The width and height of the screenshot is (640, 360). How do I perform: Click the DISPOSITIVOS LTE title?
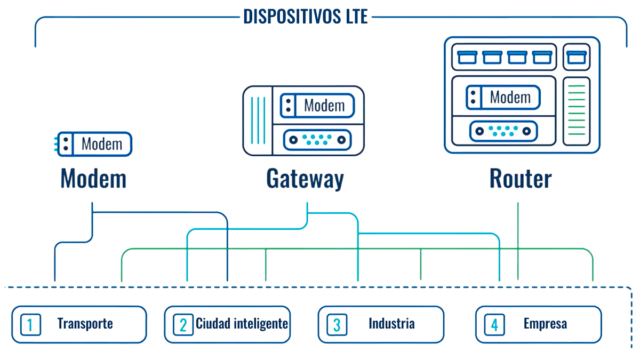(x=306, y=16)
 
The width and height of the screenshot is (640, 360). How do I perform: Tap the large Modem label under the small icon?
(x=93, y=179)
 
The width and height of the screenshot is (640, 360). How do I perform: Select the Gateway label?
(x=305, y=179)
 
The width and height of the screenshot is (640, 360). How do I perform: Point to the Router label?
(x=521, y=179)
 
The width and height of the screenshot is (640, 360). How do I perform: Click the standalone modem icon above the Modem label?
(x=94, y=144)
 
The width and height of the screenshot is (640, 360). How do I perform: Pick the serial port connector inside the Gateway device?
(x=317, y=140)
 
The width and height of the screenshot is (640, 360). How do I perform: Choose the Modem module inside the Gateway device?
(x=317, y=105)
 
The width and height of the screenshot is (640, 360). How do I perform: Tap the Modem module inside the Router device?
(x=503, y=98)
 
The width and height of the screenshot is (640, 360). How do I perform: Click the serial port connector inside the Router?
(x=503, y=131)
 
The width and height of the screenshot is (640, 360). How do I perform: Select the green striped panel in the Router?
(x=577, y=111)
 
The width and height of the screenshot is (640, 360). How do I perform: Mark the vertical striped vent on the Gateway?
(x=258, y=121)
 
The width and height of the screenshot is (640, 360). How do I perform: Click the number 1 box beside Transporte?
(x=30, y=324)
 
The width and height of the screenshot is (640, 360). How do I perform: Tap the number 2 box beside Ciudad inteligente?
(x=183, y=324)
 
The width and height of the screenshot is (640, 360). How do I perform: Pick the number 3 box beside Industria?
(x=337, y=324)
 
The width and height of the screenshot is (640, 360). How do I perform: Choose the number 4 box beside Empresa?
(x=494, y=324)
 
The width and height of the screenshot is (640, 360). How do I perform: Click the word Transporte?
(x=85, y=324)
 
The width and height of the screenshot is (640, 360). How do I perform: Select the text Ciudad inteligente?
(x=242, y=324)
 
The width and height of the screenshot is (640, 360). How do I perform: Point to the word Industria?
(x=391, y=324)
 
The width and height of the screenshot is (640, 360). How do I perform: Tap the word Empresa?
(x=545, y=324)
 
